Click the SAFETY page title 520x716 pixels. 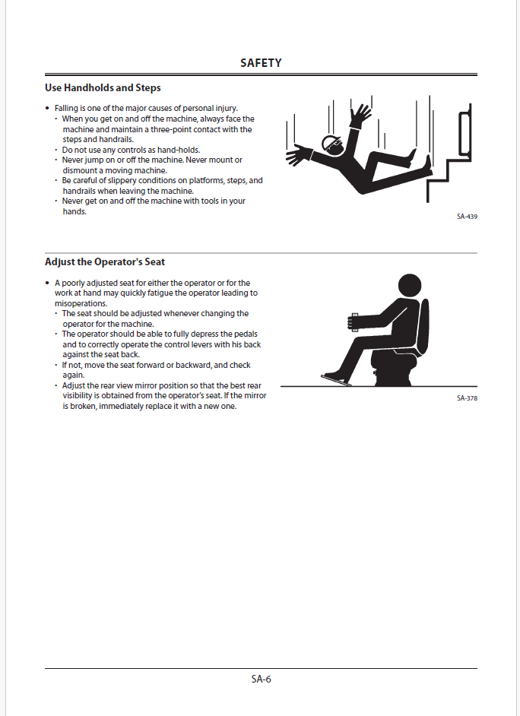point(261,63)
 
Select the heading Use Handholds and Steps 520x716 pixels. point(103,88)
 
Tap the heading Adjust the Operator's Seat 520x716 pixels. point(105,263)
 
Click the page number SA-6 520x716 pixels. point(261,680)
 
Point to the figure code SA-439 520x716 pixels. point(467,217)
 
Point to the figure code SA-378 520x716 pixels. point(467,398)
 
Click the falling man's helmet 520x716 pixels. point(332,142)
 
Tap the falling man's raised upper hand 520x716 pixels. point(360,114)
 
